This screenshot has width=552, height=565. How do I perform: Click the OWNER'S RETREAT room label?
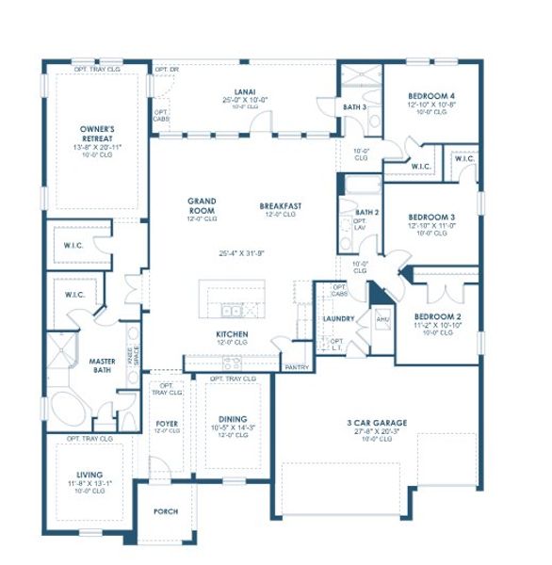click(97, 131)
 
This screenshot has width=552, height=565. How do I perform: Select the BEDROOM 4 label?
click(431, 96)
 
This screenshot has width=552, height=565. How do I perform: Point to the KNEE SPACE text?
click(136, 355)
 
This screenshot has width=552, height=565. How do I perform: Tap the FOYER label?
click(167, 425)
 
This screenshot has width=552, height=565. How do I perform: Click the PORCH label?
click(166, 511)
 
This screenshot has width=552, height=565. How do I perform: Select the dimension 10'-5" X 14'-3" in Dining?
click(232, 428)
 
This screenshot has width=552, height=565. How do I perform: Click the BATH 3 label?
click(354, 107)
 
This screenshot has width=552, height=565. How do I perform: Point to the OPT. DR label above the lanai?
click(167, 70)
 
